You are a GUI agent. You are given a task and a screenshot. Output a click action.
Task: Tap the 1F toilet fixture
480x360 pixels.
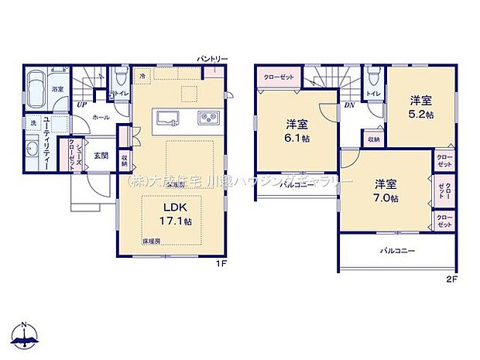[x=118, y=79]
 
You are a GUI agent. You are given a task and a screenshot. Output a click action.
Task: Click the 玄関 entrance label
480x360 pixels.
[x=101, y=155]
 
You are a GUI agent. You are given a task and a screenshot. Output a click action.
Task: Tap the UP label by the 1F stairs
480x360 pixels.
[x=81, y=104]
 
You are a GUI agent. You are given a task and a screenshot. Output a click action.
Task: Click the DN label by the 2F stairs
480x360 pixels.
[x=348, y=104]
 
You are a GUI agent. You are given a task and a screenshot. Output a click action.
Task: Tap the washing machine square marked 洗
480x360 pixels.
[x=33, y=122]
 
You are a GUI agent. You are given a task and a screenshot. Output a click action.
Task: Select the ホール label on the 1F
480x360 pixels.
[x=100, y=118]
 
